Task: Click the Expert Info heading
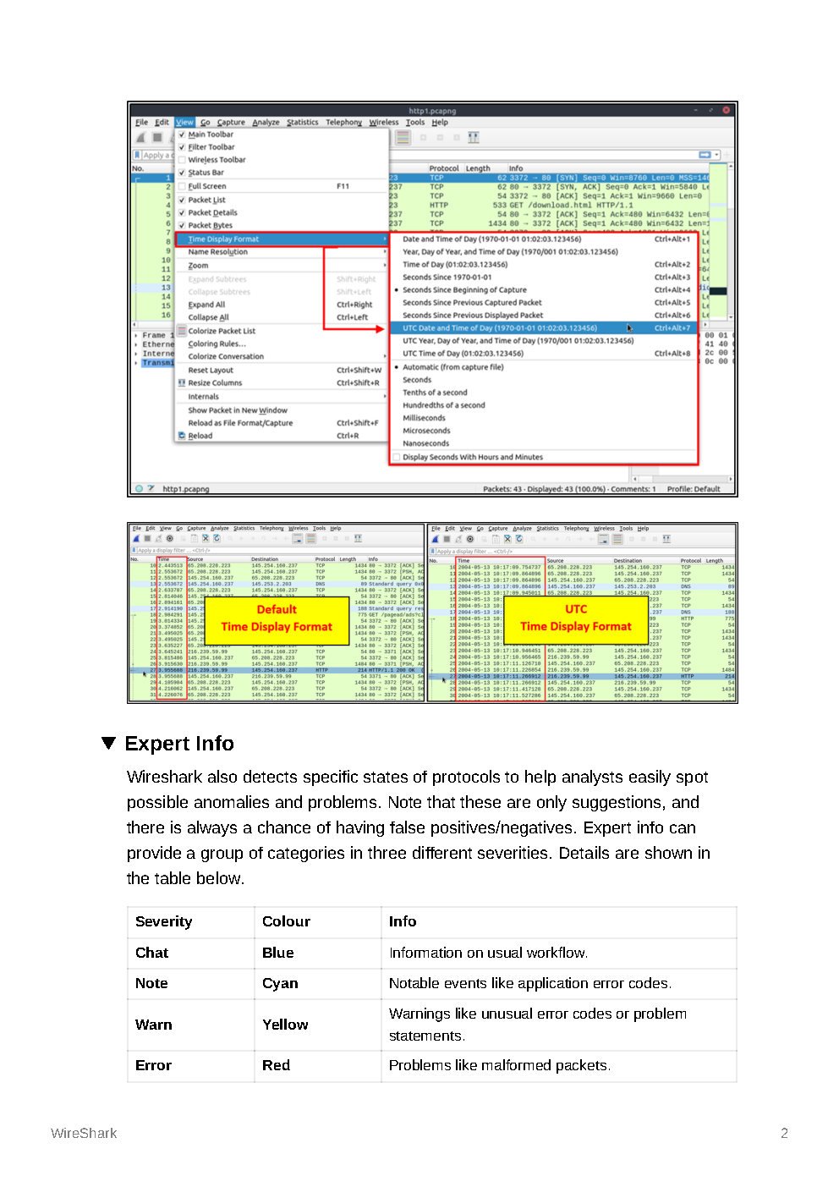tap(178, 744)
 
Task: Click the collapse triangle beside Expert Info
tap(108, 743)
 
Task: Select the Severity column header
tap(163, 921)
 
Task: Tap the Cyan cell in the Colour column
tap(280, 983)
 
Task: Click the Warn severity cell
tap(153, 1025)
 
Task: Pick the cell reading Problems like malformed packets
tap(499, 1065)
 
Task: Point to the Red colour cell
tap(276, 1065)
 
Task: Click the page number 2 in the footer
tap(784, 1133)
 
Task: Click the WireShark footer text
tap(84, 1133)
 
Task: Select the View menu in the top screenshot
tap(184, 122)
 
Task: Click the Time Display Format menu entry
tap(223, 239)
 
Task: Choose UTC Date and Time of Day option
tap(499, 328)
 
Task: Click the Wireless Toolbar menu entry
tap(217, 160)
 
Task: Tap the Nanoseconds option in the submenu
tap(425, 443)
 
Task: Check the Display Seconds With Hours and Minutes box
tap(396, 457)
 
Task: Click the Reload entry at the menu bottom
tap(200, 436)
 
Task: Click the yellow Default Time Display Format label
tap(277, 618)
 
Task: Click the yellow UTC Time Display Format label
tap(576, 618)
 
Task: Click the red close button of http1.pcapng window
tap(726, 110)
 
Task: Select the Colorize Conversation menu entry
tap(226, 356)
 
